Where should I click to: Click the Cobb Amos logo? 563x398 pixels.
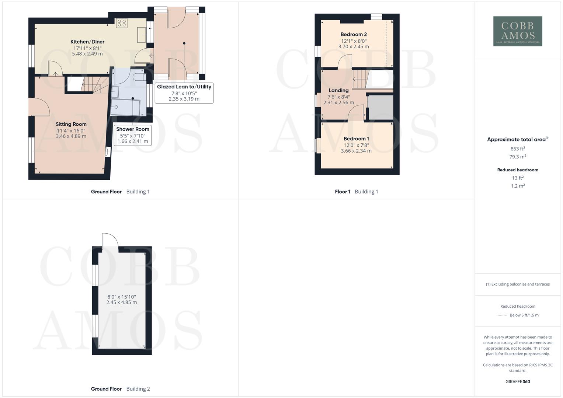point(518,31)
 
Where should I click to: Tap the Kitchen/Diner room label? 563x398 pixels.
point(87,42)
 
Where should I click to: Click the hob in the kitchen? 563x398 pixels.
point(122,24)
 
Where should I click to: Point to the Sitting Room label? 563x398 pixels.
point(71,124)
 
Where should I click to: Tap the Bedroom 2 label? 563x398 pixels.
point(354,34)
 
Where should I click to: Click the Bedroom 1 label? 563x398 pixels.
point(356,139)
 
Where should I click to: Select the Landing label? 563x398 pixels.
point(338,90)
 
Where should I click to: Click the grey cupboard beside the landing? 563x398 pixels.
point(380,107)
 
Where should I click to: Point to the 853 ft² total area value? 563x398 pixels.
point(518,149)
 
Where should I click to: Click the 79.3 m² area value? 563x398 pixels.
point(518,157)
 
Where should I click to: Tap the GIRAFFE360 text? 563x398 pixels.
point(518,382)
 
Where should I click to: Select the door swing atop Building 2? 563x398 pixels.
point(110,242)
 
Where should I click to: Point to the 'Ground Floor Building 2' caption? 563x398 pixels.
point(120,389)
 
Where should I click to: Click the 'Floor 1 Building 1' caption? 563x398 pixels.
point(356,192)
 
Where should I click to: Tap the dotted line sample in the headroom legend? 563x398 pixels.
point(502,315)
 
